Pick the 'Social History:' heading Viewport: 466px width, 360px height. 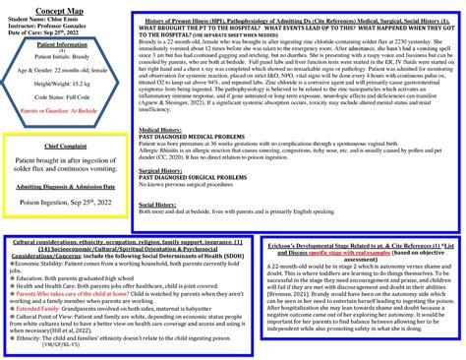click(x=158, y=204)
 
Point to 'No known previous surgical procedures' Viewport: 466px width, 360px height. click(x=192, y=184)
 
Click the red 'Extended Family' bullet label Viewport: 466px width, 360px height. click(x=38, y=307)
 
